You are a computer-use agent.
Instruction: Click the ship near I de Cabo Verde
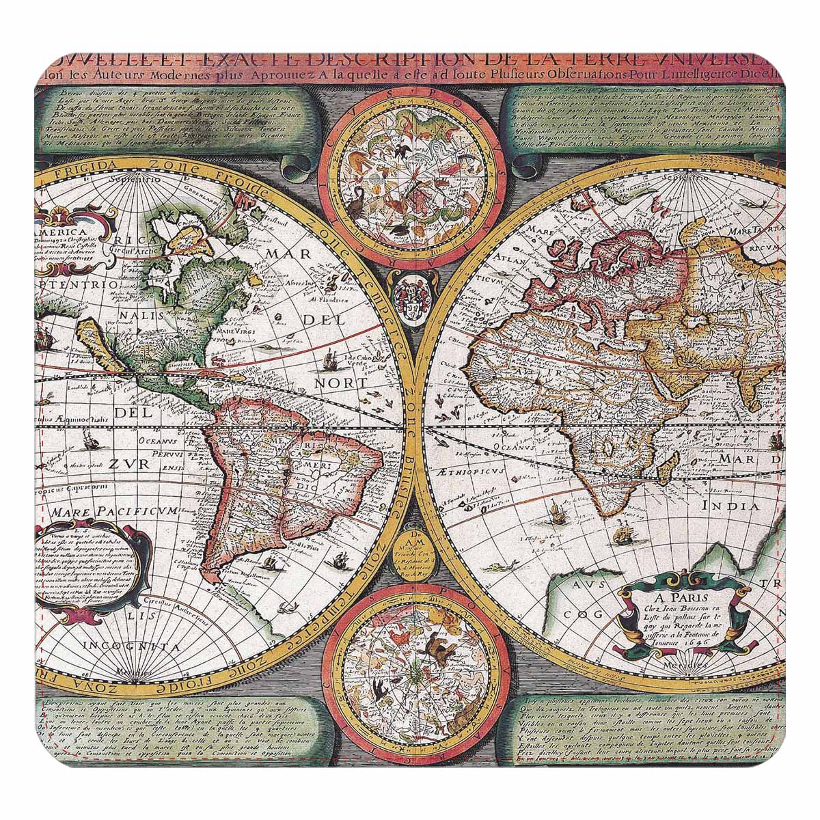click(x=330, y=357)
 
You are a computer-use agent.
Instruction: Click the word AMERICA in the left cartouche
click(x=56, y=232)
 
